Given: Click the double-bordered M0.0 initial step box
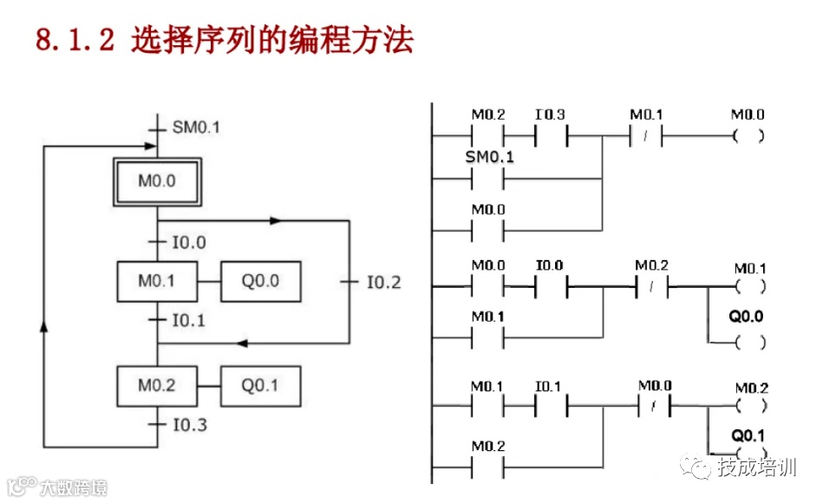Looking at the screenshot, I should [x=158, y=181].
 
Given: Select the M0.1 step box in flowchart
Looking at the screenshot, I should [x=157, y=281].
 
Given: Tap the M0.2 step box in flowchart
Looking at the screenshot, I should [x=157, y=386].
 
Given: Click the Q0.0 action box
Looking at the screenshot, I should [x=261, y=281].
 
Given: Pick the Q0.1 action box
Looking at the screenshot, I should [x=261, y=386].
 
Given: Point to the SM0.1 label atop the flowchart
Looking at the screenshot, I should [x=196, y=127].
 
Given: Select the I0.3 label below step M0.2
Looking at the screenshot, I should [x=188, y=425].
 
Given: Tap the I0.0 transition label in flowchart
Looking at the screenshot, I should [x=188, y=242].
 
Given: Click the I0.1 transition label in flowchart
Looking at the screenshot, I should [x=188, y=320].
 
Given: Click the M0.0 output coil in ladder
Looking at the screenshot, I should [x=748, y=136].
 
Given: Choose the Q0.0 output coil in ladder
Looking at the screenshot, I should [x=748, y=343].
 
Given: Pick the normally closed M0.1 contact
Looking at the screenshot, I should [x=646, y=136].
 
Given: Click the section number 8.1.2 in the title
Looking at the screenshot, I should [x=75, y=41].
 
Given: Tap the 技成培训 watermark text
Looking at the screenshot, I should [x=756, y=468].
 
